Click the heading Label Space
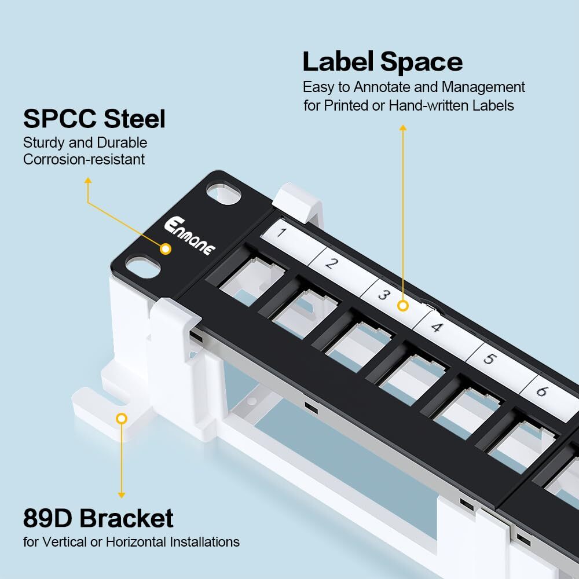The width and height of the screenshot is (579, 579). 382,61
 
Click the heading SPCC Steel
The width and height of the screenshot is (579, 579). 94,119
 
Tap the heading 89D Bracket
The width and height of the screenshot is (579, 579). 98,518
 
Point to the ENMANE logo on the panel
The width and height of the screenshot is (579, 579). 189,236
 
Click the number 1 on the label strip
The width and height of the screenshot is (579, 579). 281,233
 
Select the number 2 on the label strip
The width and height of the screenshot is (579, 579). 331,263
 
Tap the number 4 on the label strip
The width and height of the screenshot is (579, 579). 437,327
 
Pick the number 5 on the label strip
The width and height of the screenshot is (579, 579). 489,358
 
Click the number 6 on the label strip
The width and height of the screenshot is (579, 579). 541,391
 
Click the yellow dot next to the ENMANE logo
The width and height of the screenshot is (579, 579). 166,249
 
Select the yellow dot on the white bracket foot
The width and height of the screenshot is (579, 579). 121,418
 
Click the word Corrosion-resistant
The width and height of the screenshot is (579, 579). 84,159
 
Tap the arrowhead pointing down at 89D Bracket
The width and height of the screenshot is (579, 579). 122,494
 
